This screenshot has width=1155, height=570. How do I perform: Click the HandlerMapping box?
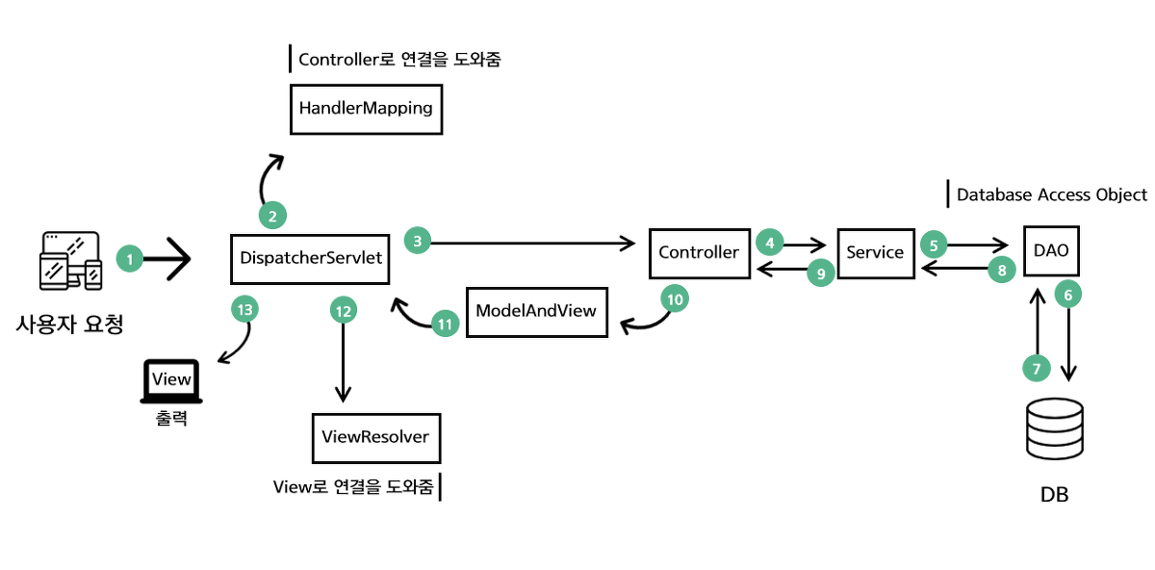366,109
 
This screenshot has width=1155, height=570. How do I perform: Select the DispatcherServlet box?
310,257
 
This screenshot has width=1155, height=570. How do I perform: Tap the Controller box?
699,253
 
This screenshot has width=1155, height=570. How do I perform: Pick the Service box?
875,253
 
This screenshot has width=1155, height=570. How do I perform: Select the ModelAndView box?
536,311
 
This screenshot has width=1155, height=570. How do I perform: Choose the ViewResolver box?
375,438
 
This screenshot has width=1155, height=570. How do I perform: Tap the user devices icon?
69,260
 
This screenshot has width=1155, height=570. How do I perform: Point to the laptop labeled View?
172,381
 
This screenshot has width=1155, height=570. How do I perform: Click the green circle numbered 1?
130,258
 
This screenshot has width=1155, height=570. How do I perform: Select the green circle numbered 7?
1037,369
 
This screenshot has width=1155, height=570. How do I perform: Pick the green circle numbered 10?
675,299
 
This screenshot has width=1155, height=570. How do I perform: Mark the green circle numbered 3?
417,240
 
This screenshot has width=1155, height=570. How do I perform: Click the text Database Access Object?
1051,194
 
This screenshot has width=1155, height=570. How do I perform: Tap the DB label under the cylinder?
1054,495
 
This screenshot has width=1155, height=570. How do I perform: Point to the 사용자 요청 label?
69,324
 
